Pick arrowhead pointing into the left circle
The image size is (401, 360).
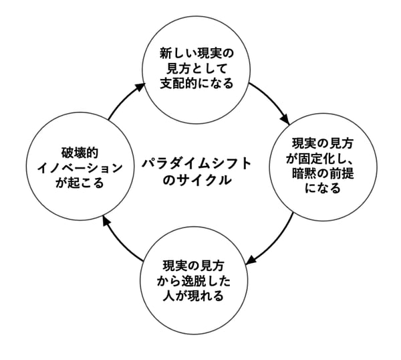point(107,223)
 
